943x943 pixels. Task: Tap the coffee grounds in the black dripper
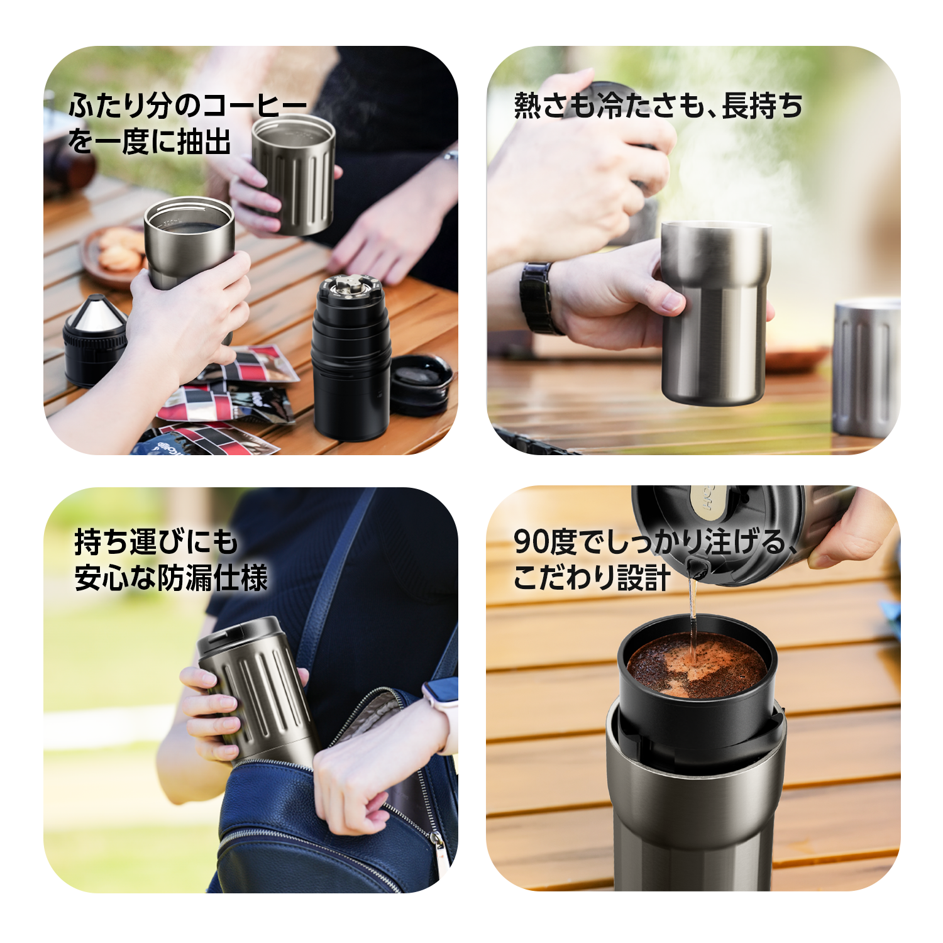coord(697,665)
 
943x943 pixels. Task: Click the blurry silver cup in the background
coord(866,368)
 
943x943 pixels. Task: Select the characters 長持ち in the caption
coord(762,105)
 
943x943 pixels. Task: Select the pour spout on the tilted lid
coord(695,568)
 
